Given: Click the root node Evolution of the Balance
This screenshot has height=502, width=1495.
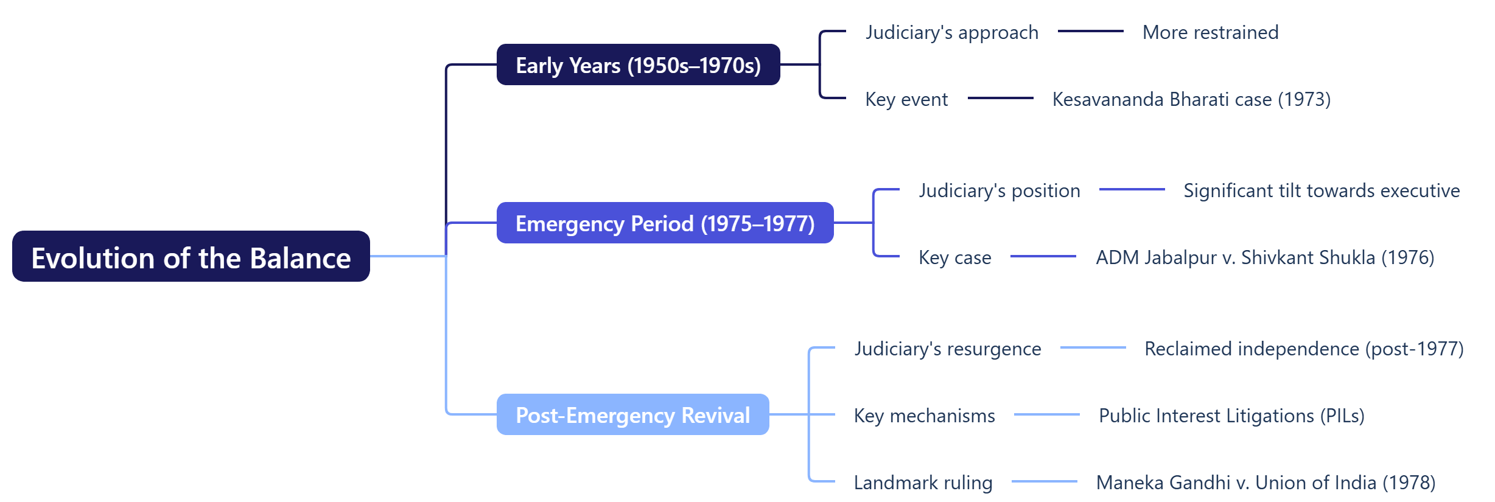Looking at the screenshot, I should (191, 257).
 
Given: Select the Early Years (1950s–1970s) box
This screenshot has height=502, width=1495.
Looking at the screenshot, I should (638, 65).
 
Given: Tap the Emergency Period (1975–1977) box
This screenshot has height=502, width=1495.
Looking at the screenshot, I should (665, 223).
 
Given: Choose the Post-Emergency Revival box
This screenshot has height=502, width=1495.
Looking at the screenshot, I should (632, 415).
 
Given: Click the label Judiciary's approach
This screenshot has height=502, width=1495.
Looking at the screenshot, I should (951, 32).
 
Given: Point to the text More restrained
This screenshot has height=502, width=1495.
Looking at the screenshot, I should (1210, 32).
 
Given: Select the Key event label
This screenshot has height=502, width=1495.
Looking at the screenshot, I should (906, 99).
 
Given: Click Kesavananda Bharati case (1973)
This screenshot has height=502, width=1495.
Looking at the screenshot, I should (1191, 99).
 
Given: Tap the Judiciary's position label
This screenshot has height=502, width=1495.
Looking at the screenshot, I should (999, 190).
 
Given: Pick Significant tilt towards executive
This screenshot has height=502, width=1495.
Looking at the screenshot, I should (1322, 190).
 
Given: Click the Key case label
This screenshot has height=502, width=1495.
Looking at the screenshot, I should (954, 257).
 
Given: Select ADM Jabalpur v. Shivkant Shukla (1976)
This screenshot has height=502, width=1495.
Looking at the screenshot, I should (1265, 257).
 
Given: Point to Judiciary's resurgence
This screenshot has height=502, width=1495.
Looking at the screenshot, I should (947, 349).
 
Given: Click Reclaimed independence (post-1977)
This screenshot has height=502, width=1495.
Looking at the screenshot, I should (1304, 349).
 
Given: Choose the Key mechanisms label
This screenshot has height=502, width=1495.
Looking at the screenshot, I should (924, 416).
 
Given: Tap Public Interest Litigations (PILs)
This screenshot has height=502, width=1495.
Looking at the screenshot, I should (1231, 416).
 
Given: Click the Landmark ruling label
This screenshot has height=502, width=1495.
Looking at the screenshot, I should (923, 483).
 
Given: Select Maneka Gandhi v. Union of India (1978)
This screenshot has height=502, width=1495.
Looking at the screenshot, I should (1266, 483).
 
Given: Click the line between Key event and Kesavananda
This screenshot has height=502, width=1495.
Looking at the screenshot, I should (1000, 98).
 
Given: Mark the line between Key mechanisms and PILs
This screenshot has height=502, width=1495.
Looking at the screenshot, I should (1046, 414).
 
